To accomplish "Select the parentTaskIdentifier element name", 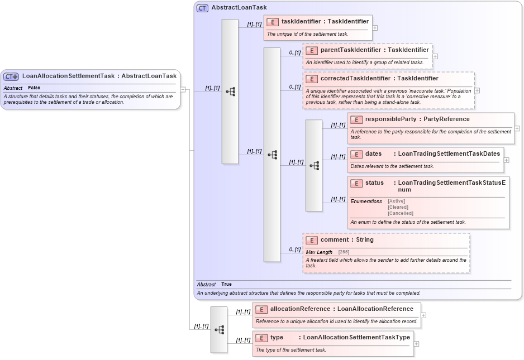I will coord(351,50).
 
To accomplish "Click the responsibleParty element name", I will coord(390,119).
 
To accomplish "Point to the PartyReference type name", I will coord(446,119).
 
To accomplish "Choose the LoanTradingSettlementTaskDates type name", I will coord(449,153).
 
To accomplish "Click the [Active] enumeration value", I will coord(396,201).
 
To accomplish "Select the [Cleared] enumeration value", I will coord(398,207).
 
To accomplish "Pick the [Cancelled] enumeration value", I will coord(400,213).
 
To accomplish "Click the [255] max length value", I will coord(344,252).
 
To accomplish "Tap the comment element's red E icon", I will coord(312,240).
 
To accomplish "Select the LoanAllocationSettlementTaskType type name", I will coord(356,337).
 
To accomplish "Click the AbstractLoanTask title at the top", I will coord(239,8).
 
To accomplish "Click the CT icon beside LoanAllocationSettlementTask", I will coord(11,76).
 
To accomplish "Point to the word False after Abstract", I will coord(34,88).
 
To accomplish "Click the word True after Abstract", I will coord(226,285).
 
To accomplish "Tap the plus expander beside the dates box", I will coord(506,160).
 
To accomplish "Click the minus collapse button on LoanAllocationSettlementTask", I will coord(183,89).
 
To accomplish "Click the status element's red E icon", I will coord(356,183).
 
